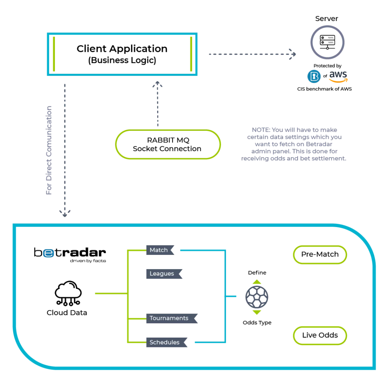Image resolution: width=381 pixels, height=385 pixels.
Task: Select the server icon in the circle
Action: click(327, 42)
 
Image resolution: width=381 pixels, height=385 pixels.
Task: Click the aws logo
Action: click(338, 76)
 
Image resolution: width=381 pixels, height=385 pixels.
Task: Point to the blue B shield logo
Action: click(314, 76)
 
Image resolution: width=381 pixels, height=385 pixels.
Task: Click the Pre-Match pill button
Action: click(320, 255)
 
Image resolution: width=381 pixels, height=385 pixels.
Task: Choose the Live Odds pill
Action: click(320, 335)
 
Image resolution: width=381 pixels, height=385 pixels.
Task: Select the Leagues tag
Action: click(164, 274)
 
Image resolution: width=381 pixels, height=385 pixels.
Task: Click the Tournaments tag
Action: click(172, 318)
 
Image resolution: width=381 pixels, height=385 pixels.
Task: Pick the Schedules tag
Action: click(167, 342)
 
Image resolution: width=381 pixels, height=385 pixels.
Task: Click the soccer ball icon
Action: click(257, 297)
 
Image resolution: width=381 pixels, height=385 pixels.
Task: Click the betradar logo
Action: click(70, 255)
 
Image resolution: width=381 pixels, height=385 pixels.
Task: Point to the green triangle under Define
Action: click(257, 282)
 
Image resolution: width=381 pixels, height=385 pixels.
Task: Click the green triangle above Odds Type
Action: click(257, 312)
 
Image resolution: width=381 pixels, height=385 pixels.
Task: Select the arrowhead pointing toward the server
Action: click(293, 54)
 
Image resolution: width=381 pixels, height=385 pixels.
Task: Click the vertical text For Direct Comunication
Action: click(49, 150)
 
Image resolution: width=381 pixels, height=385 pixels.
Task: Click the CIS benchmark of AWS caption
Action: click(324, 89)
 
